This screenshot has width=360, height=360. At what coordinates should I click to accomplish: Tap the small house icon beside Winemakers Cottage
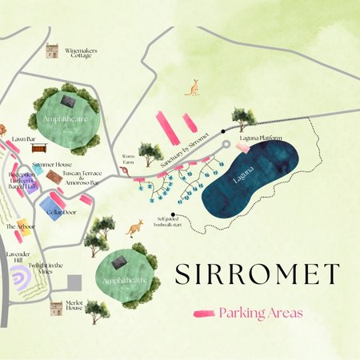(53, 51)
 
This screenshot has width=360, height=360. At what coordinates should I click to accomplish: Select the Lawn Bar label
(24, 139)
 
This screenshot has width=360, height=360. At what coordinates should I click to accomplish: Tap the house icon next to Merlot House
(55, 307)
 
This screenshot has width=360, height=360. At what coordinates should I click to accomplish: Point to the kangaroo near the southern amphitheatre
(134, 229)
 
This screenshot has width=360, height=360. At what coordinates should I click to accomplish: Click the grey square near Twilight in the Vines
(74, 283)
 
